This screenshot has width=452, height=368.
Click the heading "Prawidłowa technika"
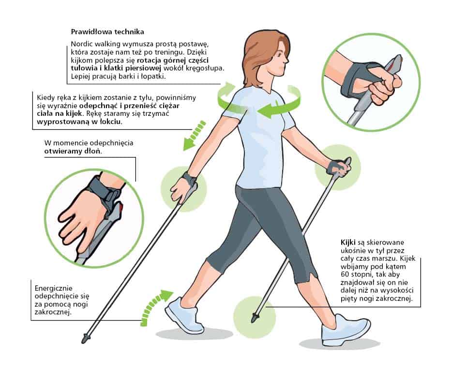(x=107, y=32)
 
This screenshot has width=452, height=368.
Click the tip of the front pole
(x=254, y=318)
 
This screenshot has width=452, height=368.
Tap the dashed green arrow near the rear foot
(x=155, y=307)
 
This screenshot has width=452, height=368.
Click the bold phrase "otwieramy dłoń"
(x=73, y=151)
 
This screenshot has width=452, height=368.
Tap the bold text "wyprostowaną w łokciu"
(x=79, y=122)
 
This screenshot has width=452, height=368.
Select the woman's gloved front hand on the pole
(x=338, y=169)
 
